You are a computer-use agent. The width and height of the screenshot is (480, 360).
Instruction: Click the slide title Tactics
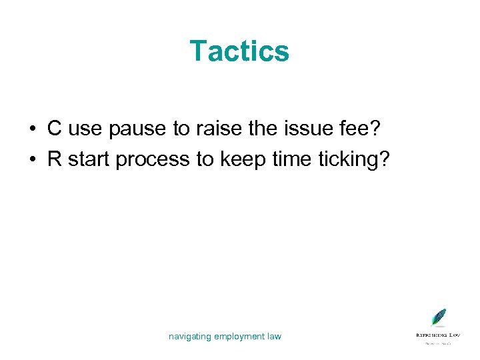[x=239, y=51]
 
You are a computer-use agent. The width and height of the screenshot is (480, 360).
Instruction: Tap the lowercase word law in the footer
[x=274, y=336]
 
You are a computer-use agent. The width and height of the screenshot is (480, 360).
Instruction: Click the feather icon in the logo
[x=438, y=317]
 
